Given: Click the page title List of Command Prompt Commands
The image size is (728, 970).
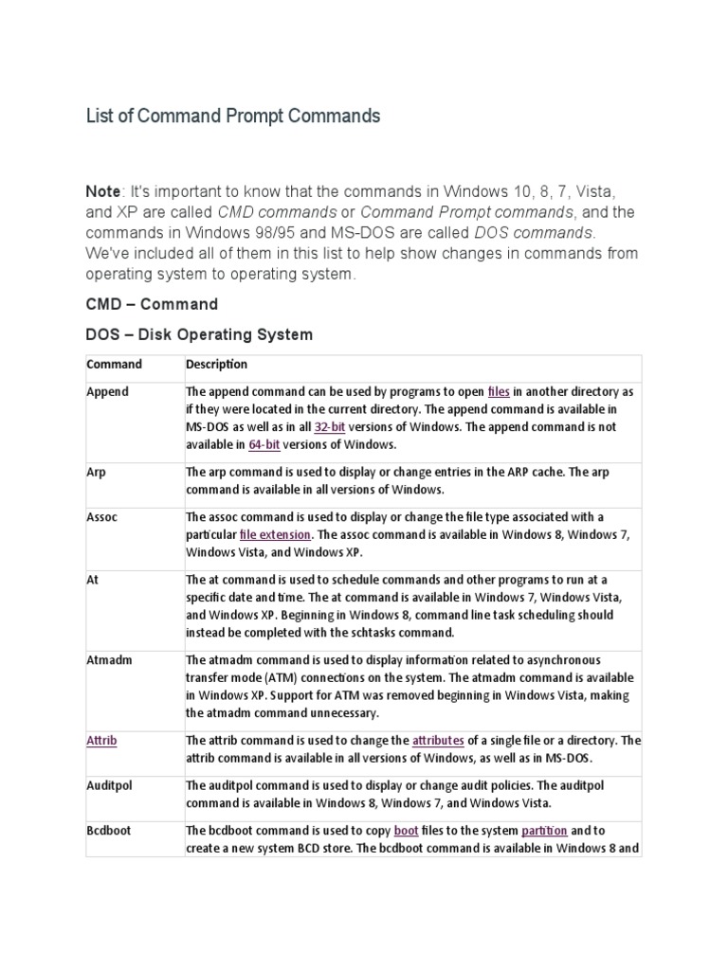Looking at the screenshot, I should (232, 117).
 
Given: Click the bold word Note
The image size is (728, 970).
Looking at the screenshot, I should (105, 191).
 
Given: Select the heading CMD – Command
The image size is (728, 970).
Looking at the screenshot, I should (152, 305).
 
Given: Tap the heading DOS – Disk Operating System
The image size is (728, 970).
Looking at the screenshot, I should (199, 334).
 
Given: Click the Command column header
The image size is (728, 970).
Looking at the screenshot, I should (114, 364).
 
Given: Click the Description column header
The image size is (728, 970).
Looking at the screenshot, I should (216, 364).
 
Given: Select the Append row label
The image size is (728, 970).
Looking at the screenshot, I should (107, 391).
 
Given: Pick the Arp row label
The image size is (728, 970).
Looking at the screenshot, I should (96, 472).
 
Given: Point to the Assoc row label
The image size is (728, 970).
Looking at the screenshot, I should (102, 516).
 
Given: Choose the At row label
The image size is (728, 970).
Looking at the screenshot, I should (92, 579).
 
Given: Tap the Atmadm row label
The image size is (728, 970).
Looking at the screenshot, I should (109, 659).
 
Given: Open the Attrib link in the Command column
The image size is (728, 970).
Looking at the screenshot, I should (101, 740).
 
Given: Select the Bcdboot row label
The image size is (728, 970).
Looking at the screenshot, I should (108, 830).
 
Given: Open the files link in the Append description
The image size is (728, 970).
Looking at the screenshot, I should (499, 391).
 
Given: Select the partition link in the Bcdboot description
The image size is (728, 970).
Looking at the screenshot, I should (544, 831).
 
